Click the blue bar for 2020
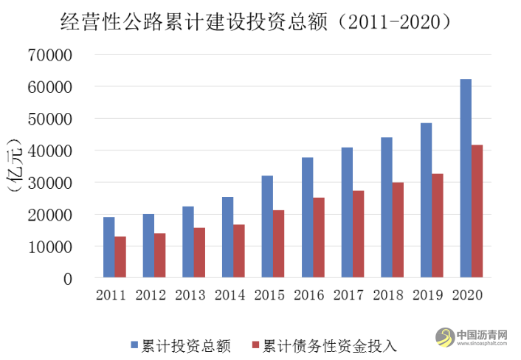click(x=465, y=179)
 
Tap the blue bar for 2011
click(x=108, y=247)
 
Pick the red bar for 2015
click(x=278, y=244)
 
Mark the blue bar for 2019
click(x=426, y=200)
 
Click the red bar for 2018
click(x=398, y=230)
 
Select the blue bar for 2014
click(x=227, y=238)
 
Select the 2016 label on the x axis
click(x=308, y=296)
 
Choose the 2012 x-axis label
click(x=150, y=296)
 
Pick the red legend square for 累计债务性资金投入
click(x=255, y=344)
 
